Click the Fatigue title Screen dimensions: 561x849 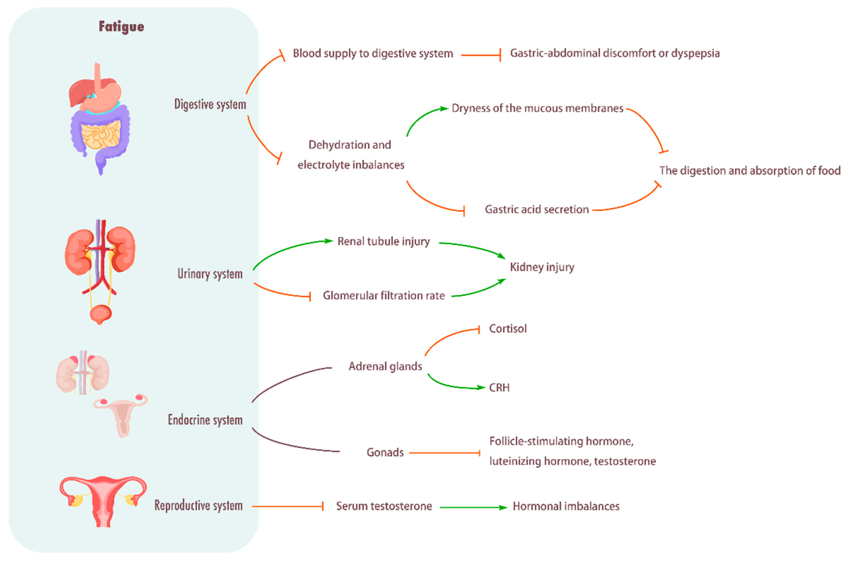point(121,27)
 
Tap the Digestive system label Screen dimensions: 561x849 point(210,104)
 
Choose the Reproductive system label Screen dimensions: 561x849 point(199,505)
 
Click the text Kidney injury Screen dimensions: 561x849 point(542,267)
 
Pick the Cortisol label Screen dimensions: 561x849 point(508,329)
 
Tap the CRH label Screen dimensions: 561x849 point(499,387)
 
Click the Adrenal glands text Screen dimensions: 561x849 point(385,366)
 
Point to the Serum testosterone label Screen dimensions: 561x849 point(384,506)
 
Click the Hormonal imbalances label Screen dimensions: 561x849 point(566,506)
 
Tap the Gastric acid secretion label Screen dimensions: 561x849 point(536,209)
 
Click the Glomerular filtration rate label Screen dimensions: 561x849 point(384,295)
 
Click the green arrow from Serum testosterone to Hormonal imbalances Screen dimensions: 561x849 point(472,507)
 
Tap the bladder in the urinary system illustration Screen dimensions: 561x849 point(100,314)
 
